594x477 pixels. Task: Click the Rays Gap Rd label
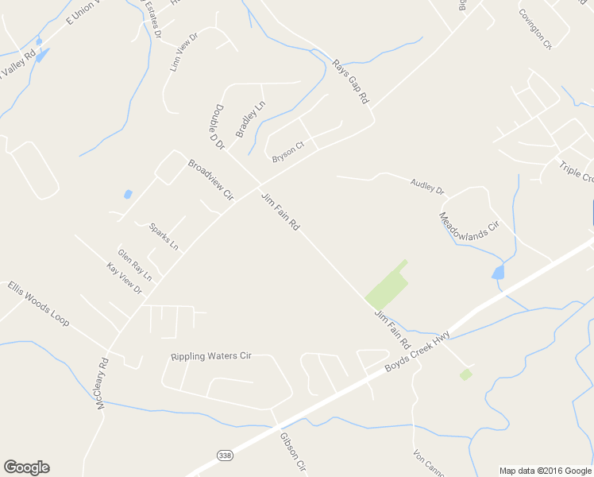(351, 83)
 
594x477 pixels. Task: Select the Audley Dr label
(428, 188)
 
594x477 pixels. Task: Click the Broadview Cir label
(210, 179)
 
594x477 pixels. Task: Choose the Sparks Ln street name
(164, 238)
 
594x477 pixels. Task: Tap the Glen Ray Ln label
(135, 266)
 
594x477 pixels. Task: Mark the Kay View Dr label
(124, 279)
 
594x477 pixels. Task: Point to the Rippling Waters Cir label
(211, 356)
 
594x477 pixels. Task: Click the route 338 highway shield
(225, 454)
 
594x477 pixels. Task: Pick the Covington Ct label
(534, 29)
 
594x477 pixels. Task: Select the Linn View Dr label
(183, 52)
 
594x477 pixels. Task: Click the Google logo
(26, 467)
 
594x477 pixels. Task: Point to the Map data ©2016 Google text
(544, 470)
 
